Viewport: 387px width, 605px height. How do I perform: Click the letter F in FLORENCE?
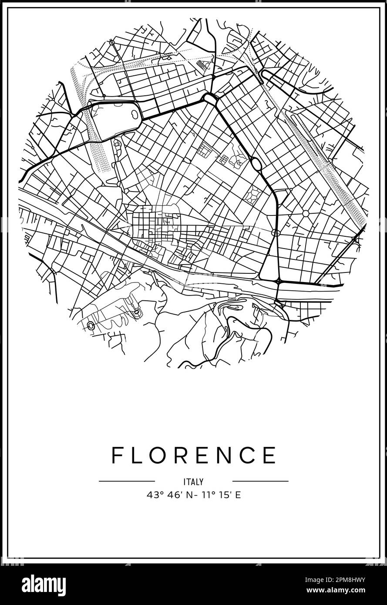pyautogui.click(x=117, y=455)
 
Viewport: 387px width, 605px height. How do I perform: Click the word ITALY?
pyautogui.click(x=193, y=482)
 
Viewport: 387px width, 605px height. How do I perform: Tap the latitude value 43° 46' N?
pyautogui.click(x=167, y=495)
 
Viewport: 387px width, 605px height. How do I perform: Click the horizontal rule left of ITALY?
pyautogui.click(x=127, y=481)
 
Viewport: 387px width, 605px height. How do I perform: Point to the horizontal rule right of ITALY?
pyautogui.click(x=260, y=481)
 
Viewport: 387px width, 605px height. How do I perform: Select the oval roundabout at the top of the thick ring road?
pyautogui.click(x=211, y=100)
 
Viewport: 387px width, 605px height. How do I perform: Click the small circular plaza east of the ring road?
pyautogui.click(x=306, y=213)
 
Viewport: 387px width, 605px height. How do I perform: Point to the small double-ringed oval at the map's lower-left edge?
pyautogui.click(x=91, y=326)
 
